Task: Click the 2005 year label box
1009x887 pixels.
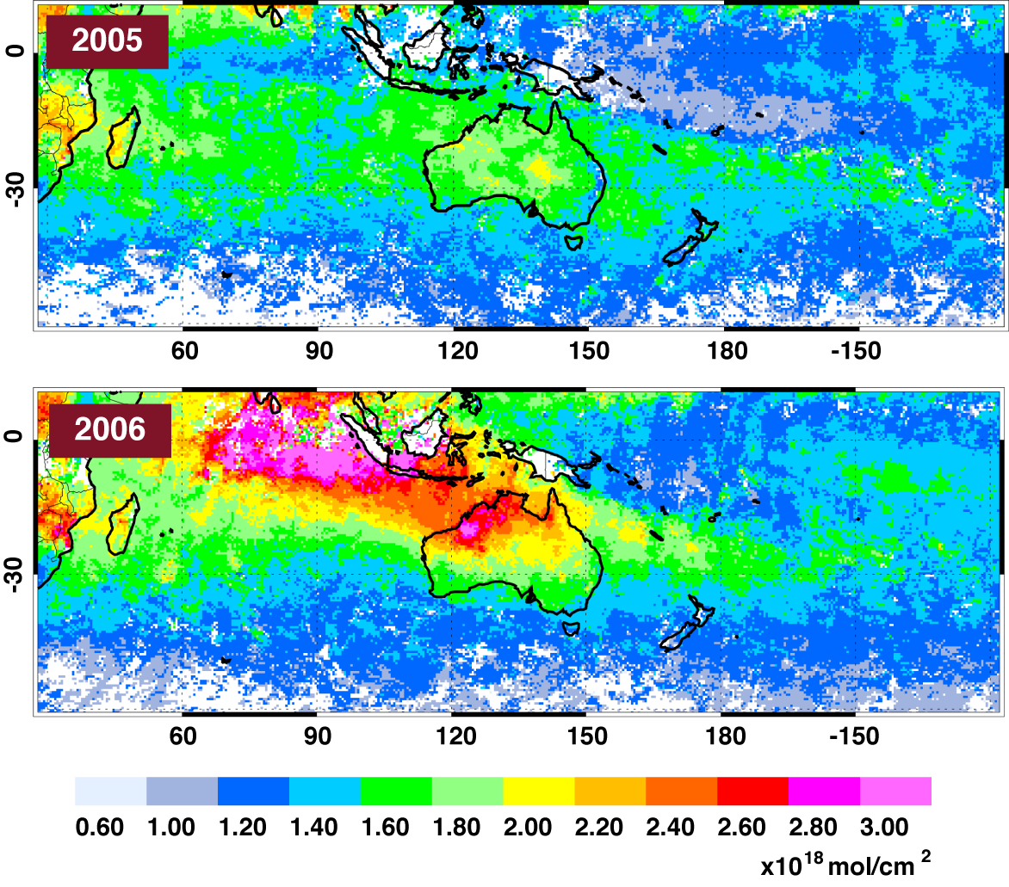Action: pos(107,41)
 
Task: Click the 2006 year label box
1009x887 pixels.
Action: pos(108,428)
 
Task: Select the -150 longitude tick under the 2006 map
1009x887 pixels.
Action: pos(856,736)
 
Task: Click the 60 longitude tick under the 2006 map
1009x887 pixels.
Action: pos(183,736)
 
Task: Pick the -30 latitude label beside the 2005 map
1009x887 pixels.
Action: pos(15,187)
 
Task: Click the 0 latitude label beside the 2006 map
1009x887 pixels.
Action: pos(15,438)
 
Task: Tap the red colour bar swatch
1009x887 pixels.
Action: pos(752,791)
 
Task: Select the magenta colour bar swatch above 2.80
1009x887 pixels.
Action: pos(824,791)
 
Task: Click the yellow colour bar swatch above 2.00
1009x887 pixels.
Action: pos(538,791)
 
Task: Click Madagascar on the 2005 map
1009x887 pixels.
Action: pos(123,138)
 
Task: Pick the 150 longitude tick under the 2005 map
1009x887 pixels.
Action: pos(589,351)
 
